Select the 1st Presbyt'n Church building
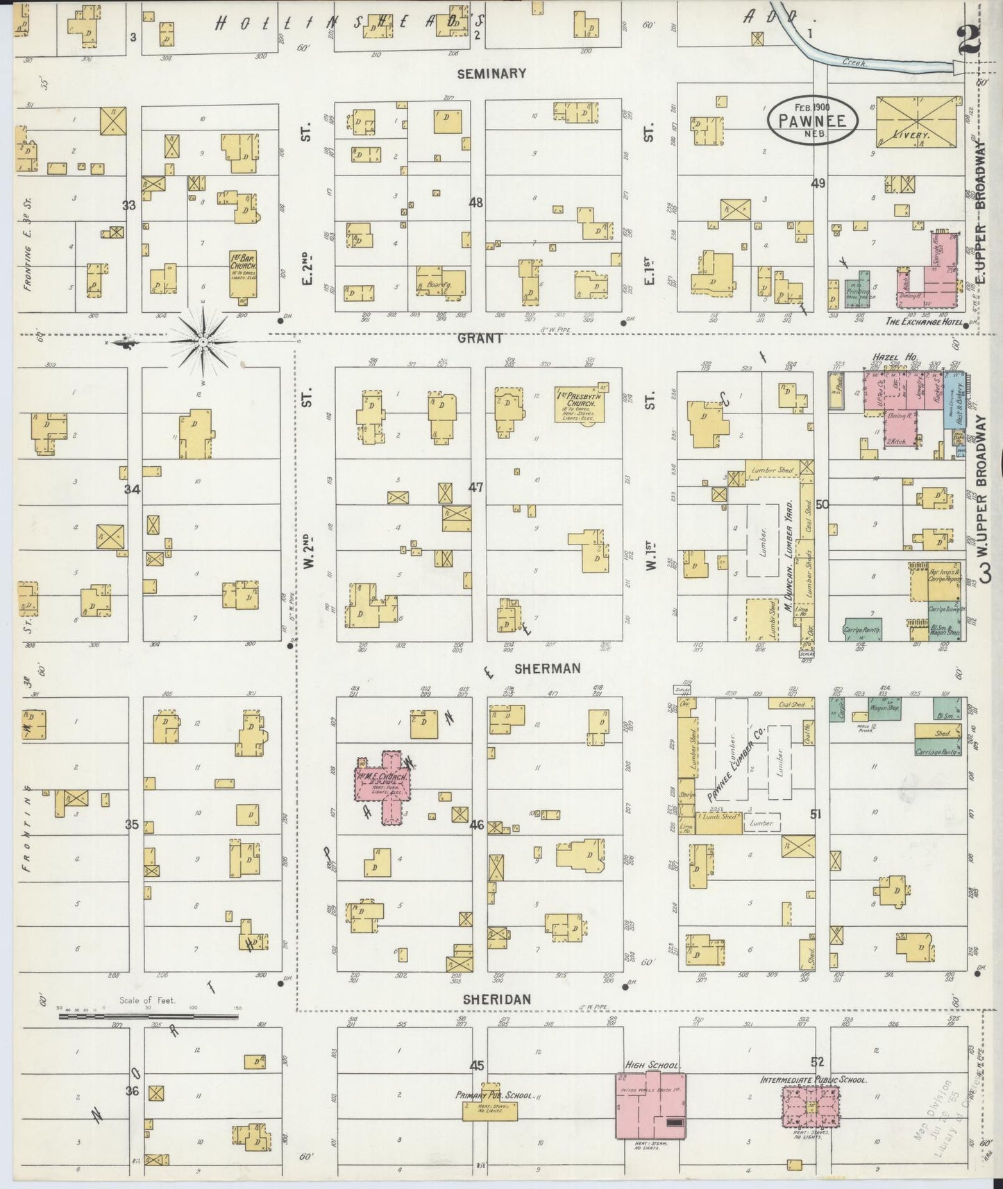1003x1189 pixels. (580, 402)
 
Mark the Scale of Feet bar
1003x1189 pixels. (148, 1016)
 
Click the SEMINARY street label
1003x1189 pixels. (492, 73)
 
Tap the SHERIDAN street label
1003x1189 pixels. (497, 999)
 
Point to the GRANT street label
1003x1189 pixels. (480, 339)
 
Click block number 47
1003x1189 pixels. (475, 488)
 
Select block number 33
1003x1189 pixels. (129, 205)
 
